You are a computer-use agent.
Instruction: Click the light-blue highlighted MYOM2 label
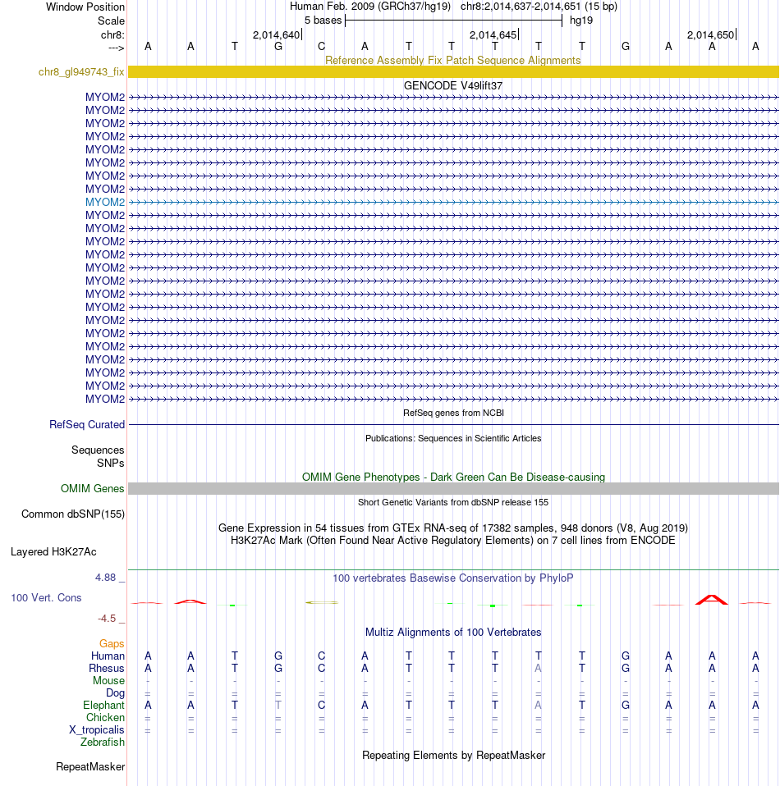coord(105,202)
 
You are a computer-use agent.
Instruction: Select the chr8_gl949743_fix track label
coord(81,72)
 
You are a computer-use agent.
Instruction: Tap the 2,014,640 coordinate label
coord(276,34)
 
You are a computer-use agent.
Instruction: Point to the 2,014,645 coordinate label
coord(493,34)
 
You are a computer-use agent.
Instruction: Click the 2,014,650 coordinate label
coord(711,34)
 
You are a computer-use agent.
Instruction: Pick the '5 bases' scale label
coord(323,20)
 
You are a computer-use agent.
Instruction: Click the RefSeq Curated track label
coord(87,425)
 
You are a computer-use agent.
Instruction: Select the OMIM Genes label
coord(93,489)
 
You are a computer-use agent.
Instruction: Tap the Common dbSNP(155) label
coord(72,514)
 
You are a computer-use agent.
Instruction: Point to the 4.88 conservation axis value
coord(108,578)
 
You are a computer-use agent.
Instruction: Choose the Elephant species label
coord(103,706)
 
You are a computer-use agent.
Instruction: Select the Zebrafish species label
coord(103,743)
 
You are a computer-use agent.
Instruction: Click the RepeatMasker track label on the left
coord(90,767)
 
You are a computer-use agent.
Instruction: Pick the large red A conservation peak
coord(712,600)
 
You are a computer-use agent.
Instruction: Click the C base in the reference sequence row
coord(322,46)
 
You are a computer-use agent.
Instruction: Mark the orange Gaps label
coord(112,644)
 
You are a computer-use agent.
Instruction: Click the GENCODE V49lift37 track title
coord(453,85)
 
